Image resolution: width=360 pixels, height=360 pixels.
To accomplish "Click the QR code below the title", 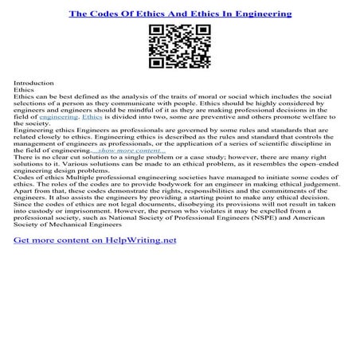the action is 179,46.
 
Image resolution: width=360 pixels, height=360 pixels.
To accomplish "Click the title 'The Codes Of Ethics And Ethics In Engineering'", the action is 179,14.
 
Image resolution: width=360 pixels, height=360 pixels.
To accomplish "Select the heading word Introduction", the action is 33,83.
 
